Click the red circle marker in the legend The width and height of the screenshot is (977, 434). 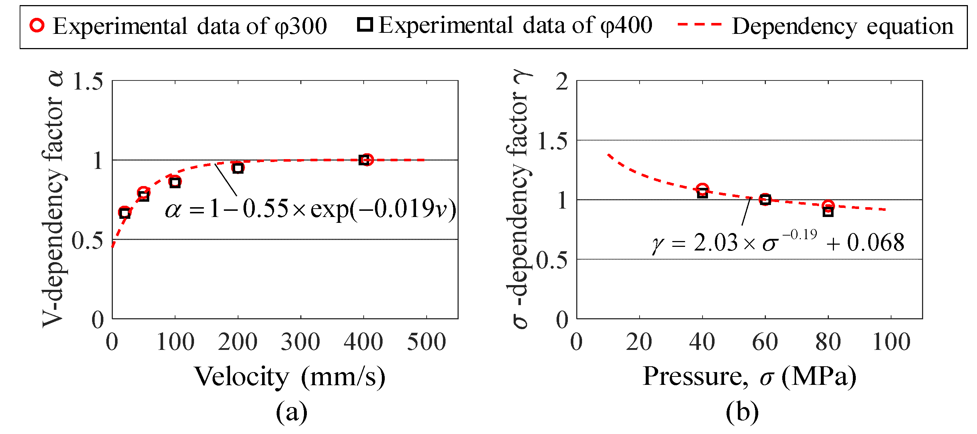tap(37, 25)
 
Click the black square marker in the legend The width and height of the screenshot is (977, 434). tap(365, 25)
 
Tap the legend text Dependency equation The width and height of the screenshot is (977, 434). tap(842, 26)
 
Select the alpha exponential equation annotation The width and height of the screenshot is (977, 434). tap(310, 209)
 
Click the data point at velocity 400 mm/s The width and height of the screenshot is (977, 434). tap(364, 160)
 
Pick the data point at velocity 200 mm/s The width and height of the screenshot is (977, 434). tap(238, 168)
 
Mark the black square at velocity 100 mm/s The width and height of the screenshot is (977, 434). tap(175, 182)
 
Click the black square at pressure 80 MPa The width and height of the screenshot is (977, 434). tap(828, 212)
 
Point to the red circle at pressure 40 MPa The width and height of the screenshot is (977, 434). tap(703, 189)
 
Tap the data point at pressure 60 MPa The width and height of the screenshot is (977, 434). tap(766, 200)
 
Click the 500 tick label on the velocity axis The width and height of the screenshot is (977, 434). tap(426, 342)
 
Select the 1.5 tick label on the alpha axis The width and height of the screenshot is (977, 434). tap(88, 81)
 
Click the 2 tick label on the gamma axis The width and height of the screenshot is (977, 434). tap(562, 81)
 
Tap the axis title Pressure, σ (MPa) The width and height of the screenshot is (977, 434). tap(749, 377)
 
